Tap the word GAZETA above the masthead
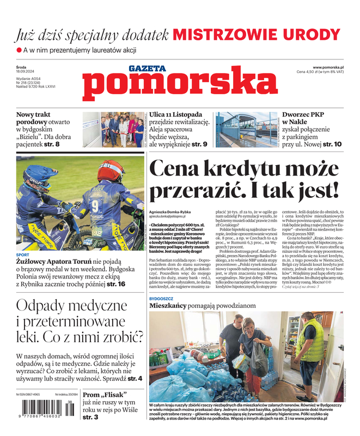pyautogui.click(x=147, y=68)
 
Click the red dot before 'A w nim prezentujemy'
pyautogui.click(x=19, y=50)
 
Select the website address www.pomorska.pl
pyautogui.click(x=332, y=66)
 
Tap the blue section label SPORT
pyautogui.click(x=23, y=255)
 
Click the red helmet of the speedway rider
pyautogui.click(x=111, y=171)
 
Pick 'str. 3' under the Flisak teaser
pyautogui.click(x=90, y=417)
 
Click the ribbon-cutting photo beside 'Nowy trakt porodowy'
pyautogui.click(x=114, y=129)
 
